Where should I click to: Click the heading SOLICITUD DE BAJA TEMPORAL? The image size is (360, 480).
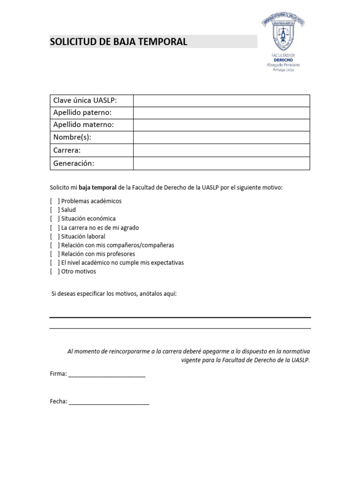coord(119,42)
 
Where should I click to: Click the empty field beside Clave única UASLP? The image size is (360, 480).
coord(221,101)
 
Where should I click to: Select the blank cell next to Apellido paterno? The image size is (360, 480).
coord(221,113)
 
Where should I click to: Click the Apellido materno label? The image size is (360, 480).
coord(83,125)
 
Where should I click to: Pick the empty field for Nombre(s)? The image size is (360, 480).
coord(221,138)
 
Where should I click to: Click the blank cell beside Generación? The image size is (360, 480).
coord(221,163)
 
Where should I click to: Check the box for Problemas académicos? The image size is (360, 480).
coord(55,201)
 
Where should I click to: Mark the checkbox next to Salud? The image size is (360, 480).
coord(55,210)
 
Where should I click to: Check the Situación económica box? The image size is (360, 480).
coord(55,219)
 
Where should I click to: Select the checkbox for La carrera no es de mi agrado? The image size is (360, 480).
coord(55,228)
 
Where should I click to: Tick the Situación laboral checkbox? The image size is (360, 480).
coord(55,237)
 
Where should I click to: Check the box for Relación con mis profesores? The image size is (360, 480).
coord(55,254)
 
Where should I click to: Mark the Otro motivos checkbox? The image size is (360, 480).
coord(55,271)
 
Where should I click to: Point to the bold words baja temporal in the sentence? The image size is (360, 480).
coord(97,187)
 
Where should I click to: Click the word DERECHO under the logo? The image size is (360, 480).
coord(282,60)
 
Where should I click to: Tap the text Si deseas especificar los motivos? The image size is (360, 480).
coord(113,293)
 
